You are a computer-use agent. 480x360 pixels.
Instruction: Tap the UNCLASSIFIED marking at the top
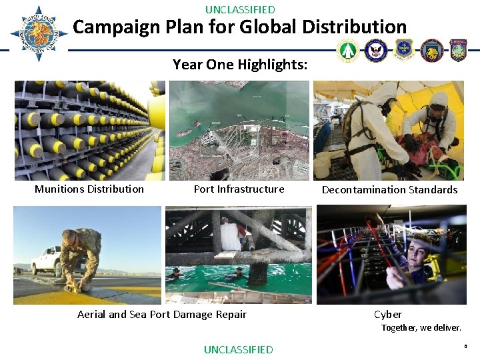240,9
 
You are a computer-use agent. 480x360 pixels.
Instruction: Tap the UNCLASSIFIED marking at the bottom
238,349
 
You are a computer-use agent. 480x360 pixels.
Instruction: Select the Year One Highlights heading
240,65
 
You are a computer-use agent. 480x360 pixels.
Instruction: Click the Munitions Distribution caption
89,189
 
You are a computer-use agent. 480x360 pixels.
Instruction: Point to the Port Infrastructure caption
239,189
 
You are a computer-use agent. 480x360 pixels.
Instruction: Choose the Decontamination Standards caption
389,190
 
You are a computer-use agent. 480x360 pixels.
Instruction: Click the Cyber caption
388,315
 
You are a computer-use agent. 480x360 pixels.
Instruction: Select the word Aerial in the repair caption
91,315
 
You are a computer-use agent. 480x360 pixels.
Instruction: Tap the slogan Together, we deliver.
421,328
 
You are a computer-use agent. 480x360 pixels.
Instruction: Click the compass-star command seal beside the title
39,33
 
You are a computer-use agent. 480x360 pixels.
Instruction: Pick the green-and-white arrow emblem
348,51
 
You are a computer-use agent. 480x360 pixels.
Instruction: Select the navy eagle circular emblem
377,51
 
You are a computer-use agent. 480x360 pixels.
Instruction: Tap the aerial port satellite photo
239,130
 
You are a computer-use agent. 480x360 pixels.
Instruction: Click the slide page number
464,347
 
